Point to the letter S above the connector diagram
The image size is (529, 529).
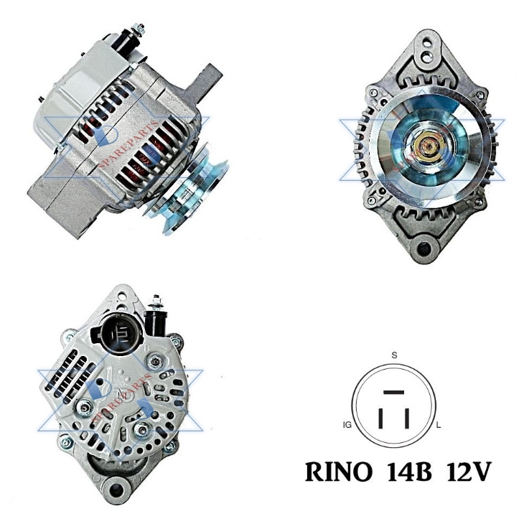click(x=393, y=355)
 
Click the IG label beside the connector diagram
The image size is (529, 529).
click(x=347, y=426)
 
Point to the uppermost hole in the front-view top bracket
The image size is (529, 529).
click(x=429, y=42)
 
